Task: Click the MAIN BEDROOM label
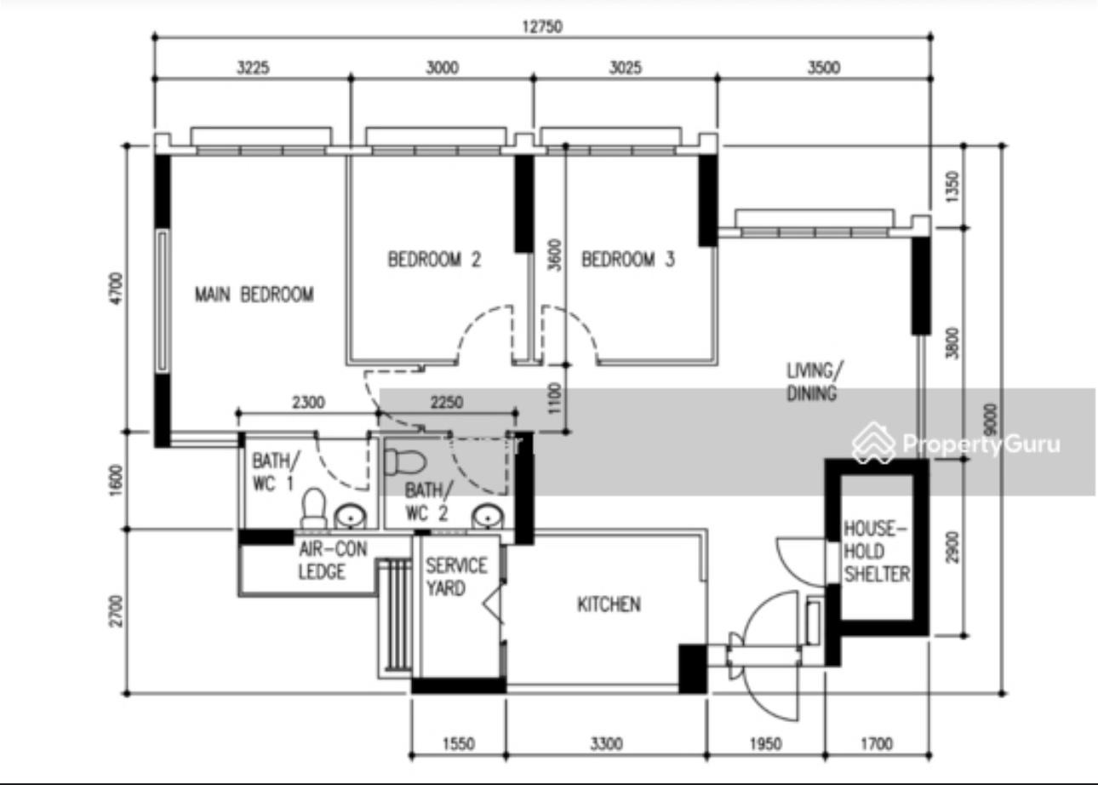click(x=254, y=295)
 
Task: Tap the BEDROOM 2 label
click(x=434, y=259)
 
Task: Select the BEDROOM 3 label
click(x=627, y=259)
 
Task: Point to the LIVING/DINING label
click(x=813, y=381)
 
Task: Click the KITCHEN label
click(x=609, y=605)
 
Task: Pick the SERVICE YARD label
click(x=456, y=576)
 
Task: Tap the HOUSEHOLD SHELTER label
click(x=876, y=551)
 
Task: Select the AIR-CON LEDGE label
click(x=332, y=560)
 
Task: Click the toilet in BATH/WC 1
click(x=313, y=509)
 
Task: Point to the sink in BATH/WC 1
click(x=348, y=516)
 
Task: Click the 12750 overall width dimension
click(x=541, y=26)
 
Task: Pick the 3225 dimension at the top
click(x=253, y=68)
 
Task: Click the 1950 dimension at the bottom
click(x=765, y=744)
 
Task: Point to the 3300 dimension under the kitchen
click(x=606, y=744)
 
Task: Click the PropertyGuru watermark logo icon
click(x=873, y=443)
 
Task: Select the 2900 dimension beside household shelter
click(x=952, y=547)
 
